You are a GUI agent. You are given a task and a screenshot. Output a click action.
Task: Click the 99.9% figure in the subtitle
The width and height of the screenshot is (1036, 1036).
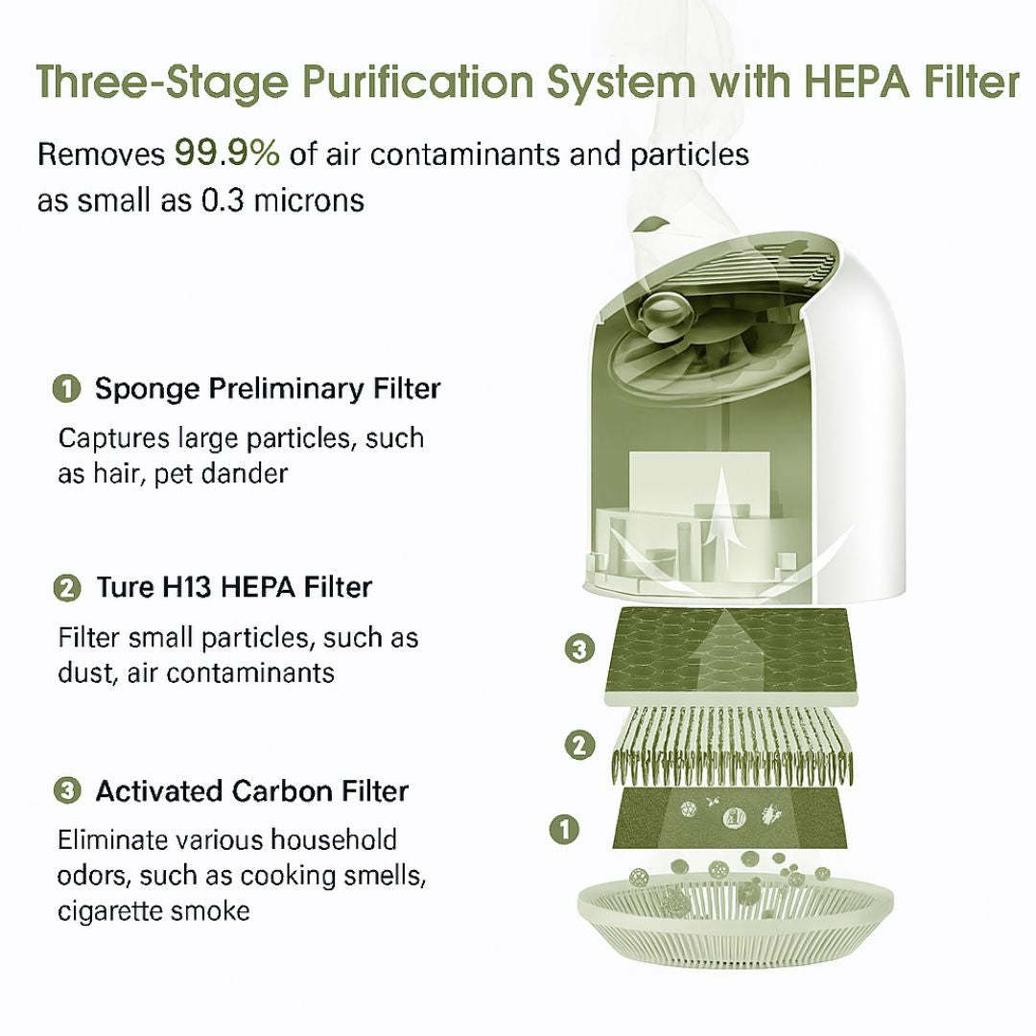click(x=226, y=152)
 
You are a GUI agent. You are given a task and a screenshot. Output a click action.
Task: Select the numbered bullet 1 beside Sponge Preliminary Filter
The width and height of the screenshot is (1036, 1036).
click(x=65, y=389)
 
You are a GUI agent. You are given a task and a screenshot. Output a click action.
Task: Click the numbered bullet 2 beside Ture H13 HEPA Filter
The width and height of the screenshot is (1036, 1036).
click(x=65, y=587)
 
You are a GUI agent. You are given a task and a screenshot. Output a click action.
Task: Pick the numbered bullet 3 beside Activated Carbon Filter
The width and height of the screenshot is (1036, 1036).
click(x=65, y=791)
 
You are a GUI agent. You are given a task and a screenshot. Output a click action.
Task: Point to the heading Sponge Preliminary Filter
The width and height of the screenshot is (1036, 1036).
click(x=268, y=388)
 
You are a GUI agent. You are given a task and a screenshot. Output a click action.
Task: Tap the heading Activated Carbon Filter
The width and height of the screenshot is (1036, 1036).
click(x=251, y=791)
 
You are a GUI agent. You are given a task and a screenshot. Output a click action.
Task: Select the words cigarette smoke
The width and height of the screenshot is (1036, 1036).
click(x=153, y=909)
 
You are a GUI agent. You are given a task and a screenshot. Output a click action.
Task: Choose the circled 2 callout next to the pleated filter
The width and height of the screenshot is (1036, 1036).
click(x=579, y=745)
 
